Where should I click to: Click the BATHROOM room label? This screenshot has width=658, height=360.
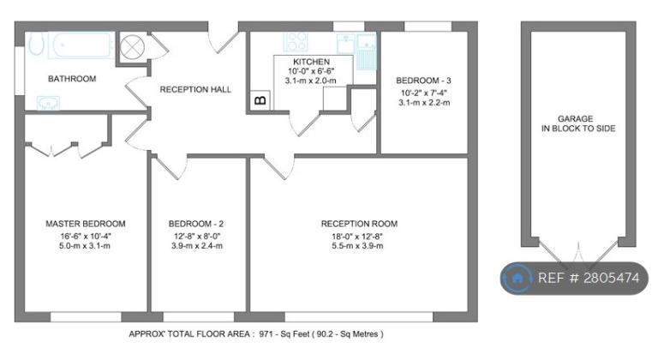point(72,79)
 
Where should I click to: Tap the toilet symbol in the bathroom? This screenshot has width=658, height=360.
point(35,44)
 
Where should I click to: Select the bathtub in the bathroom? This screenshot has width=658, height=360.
point(81,45)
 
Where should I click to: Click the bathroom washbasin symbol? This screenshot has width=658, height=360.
point(48,103)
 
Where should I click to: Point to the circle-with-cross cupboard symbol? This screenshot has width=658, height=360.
point(132,46)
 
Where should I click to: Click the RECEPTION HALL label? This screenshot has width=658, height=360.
point(195,89)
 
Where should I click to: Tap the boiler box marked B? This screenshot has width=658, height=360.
point(260,100)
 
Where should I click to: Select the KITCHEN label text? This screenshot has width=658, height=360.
point(311,62)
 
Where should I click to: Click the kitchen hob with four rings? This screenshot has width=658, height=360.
point(296,42)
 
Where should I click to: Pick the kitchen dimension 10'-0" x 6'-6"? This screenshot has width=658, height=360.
point(311,71)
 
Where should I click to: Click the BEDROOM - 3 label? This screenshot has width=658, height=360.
point(423,81)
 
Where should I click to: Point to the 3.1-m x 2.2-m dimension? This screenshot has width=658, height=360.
point(424,103)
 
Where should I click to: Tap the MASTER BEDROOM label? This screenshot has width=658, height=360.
point(86,224)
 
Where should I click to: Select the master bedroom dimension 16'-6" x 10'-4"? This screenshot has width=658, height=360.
point(85,236)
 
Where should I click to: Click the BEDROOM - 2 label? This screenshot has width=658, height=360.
point(196,224)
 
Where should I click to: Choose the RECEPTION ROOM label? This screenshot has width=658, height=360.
point(359,224)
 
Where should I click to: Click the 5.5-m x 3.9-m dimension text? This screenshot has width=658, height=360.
point(357,246)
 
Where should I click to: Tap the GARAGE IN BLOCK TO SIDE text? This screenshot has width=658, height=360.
point(577,123)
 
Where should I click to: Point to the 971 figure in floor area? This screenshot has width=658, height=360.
point(266,334)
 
